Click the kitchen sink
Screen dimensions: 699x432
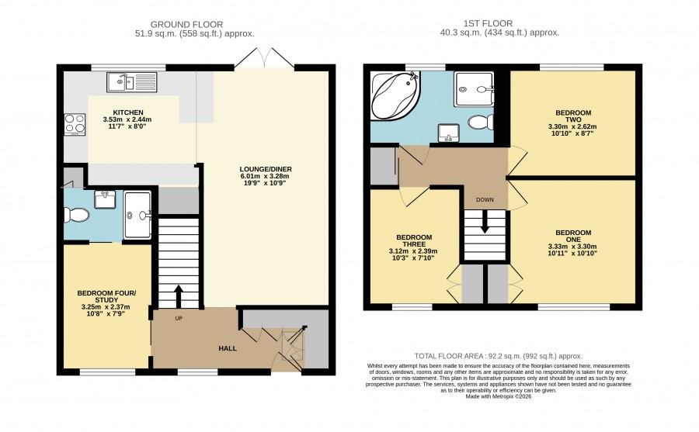pyautogui.click(x=132, y=82)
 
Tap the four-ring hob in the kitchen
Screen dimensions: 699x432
pyautogui.click(x=75, y=124)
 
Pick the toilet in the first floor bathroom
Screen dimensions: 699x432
pyautogui.click(x=482, y=122)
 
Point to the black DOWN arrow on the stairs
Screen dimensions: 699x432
pyautogui.click(x=485, y=221)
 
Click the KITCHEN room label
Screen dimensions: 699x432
pyautogui.click(x=128, y=112)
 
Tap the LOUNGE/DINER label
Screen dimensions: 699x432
pyautogui.click(x=266, y=169)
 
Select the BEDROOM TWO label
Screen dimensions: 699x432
pyautogui.click(x=573, y=116)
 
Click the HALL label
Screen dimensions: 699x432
pyautogui.click(x=228, y=348)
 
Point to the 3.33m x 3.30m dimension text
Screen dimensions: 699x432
pyautogui.click(x=573, y=247)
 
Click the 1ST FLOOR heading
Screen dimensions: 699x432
pyautogui.click(x=489, y=23)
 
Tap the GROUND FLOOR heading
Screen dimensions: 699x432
pyautogui.click(x=186, y=25)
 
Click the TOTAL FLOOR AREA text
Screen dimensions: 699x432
pyautogui.click(x=499, y=356)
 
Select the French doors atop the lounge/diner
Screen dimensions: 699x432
pyautogui.click(x=264, y=57)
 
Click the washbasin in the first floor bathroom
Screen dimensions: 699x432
pyautogui.click(x=447, y=133)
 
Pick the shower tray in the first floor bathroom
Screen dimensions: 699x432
pyautogui.click(x=474, y=89)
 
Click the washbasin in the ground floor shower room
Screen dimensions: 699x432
pyautogui.click(x=105, y=199)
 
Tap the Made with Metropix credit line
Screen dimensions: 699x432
pyautogui.click(x=499, y=396)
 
